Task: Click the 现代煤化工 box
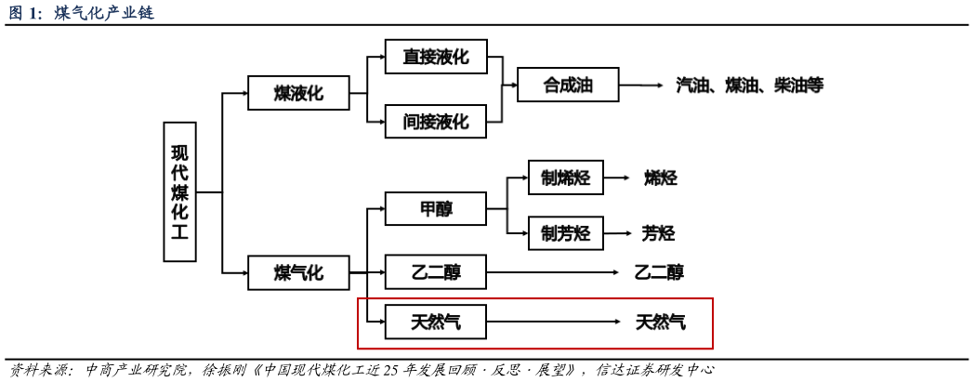179,191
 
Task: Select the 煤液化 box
298,93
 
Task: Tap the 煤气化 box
298,272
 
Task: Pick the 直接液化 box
435,57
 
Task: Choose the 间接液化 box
435,121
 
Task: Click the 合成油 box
567,85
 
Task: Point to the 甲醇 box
435,208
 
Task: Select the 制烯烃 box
565,178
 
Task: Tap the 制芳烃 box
565,233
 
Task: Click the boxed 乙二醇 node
435,272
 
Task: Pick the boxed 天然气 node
435,322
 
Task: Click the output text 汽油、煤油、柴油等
749,85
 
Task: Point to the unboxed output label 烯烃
660,178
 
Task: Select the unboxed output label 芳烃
658,233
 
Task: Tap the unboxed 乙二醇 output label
659,272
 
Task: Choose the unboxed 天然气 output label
661,322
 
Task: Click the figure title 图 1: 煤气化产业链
81,12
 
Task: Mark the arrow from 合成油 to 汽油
641,85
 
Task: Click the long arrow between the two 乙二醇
552,272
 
